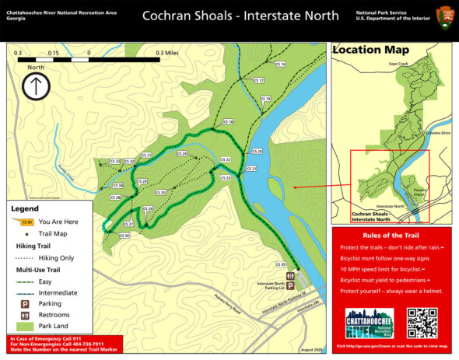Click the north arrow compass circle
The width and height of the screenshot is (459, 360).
(36, 87)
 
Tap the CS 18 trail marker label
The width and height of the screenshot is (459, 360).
(228, 122)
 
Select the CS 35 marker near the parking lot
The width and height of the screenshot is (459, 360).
(282, 266)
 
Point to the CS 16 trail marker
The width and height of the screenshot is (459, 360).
(281, 65)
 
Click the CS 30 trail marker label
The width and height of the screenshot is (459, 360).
(124, 236)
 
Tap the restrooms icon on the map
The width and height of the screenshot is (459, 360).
(289, 275)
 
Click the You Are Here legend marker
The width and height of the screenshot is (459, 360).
(26, 222)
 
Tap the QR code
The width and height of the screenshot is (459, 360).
(422, 323)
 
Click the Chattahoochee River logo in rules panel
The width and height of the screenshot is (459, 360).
(369, 323)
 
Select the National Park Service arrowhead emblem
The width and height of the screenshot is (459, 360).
(445, 15)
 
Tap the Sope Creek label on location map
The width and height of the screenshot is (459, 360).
(399, 65)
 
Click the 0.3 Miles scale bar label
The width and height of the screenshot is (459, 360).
(167, 53)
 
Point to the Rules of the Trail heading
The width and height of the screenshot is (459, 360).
(391, 235)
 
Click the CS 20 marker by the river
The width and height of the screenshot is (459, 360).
(258, 150)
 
